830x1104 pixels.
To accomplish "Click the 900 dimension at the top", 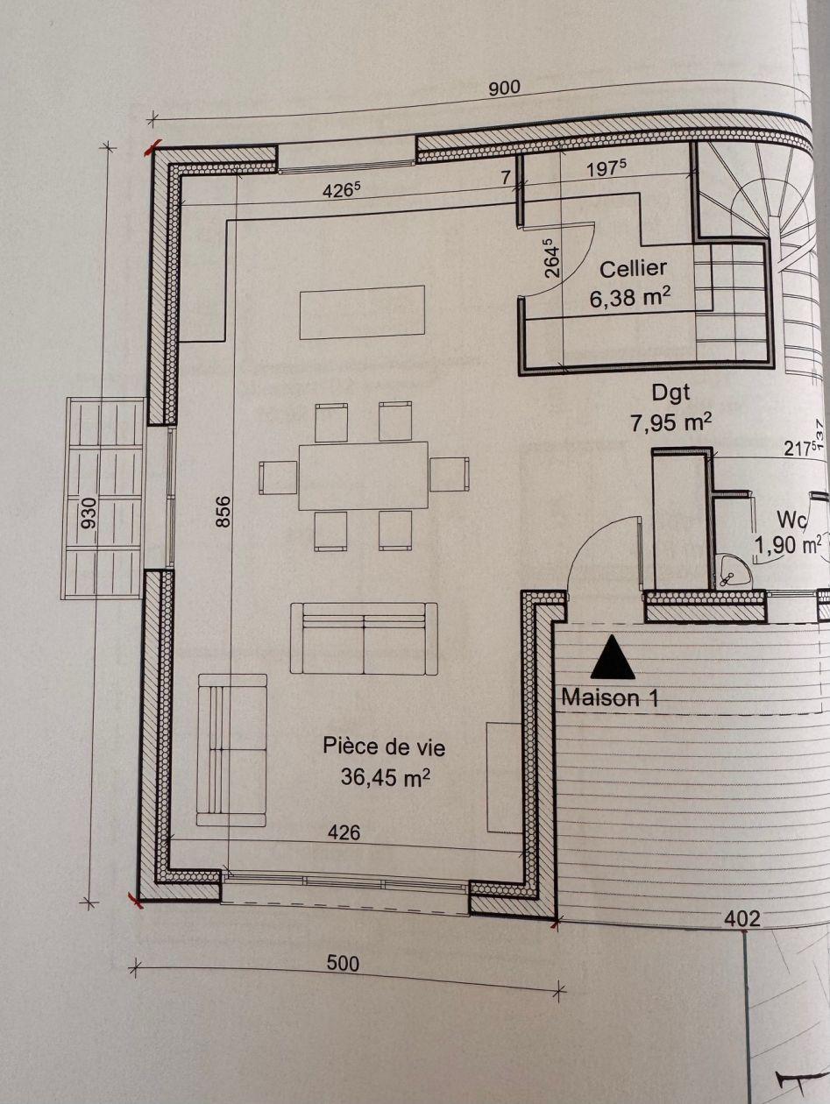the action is pos(505,88).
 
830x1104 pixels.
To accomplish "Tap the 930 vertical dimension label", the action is pos(89,513).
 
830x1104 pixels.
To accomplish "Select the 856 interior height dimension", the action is pos(223,512).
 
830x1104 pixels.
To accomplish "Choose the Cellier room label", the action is pos(633,269).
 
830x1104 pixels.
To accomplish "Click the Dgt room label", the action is pos(671,393).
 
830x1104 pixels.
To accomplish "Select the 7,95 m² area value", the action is pos(671,422).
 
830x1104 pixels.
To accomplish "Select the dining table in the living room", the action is pos(363,476).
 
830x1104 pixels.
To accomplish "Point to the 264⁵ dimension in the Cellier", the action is pos(552,258).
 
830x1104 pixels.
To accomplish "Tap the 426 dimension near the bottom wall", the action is pos(344,832).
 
